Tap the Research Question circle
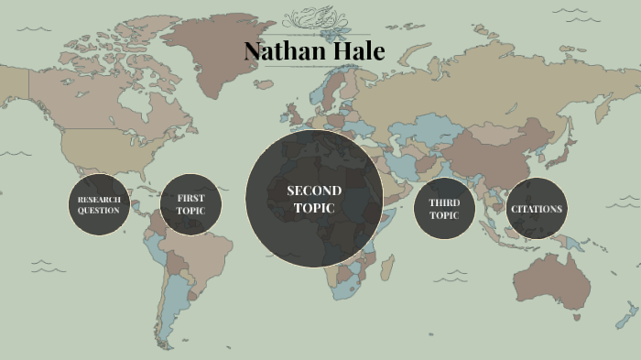pos(99,204)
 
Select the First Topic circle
pos(190,204)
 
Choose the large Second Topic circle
pos(314,199)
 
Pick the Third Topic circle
pos(444,208)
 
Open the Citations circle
pos(537,208)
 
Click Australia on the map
pos(560,279)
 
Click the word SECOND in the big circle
pos(314,191)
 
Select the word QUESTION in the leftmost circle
pos(99,211)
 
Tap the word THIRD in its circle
pos(444,202)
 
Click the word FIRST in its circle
pos(190,198)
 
